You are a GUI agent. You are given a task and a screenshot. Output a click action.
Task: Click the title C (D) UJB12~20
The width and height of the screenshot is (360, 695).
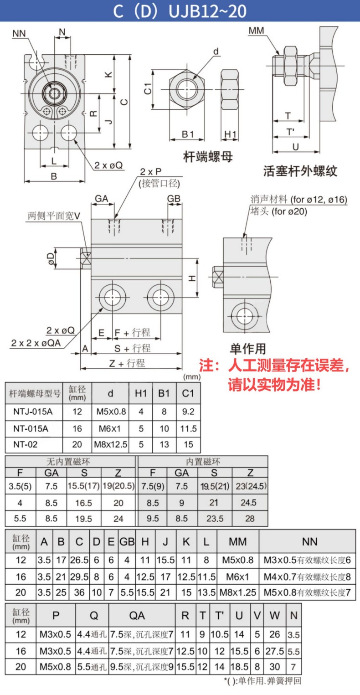(180, 11)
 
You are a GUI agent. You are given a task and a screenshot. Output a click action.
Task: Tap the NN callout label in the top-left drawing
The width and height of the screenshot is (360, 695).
(19, 34)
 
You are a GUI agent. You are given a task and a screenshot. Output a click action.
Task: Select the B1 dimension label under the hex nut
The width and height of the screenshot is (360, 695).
(188, 134)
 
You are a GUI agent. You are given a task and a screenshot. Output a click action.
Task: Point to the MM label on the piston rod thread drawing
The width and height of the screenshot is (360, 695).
(256, 31)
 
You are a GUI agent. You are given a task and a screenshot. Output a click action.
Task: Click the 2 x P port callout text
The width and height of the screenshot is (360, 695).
(150, 171)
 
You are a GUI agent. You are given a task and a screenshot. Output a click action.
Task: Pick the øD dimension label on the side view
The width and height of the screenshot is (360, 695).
(50, 258)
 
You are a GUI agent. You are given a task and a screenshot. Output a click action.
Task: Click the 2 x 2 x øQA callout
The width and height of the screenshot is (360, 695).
(36, 343)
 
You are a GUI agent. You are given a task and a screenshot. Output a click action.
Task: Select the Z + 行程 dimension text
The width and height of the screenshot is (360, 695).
(127, 363)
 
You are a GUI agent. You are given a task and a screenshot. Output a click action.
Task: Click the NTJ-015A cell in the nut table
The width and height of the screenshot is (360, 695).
(33, 412)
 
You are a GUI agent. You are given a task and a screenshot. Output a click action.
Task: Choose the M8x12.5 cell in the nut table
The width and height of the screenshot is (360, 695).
(110, 444)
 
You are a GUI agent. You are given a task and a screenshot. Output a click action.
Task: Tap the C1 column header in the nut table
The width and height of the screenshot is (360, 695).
(188, 393)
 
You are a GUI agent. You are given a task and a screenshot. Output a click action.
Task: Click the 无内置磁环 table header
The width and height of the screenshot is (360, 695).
(68, 462)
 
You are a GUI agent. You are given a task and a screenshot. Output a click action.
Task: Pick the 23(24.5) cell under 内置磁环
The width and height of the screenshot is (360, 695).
(251, 486)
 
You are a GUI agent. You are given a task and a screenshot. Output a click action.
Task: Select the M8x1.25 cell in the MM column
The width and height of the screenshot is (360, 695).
(238, 592)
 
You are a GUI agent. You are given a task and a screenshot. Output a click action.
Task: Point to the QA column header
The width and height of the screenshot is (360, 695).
(137, 616)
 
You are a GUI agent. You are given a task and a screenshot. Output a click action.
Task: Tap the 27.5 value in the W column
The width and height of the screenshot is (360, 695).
(275, 651)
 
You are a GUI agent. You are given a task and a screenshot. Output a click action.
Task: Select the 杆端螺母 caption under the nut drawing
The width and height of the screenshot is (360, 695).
(208, 157)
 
